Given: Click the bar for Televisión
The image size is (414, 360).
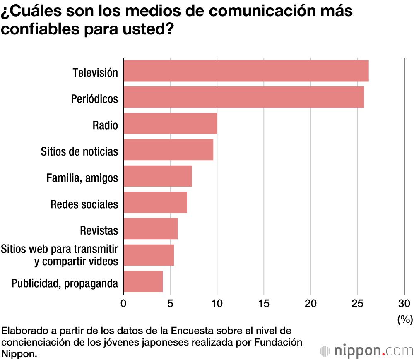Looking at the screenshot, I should coord(246,70).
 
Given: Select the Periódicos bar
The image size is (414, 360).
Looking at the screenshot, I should coord(244,97).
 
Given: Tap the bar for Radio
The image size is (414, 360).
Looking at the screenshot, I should coord(170,123).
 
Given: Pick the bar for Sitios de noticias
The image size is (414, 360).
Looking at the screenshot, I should coord(168,149).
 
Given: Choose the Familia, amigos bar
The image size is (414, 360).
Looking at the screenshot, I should coord(158,176).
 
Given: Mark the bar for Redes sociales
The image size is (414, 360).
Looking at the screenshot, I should coord(155,202).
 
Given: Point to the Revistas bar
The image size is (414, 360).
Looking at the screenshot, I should coord(151,228).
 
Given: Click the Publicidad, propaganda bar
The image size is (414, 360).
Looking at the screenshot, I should coord(143,281).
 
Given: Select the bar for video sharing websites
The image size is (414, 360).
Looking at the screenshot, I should coord(149,255).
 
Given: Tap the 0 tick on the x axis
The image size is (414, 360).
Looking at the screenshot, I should coord(123,303).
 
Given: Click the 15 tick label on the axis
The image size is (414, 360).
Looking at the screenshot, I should coord(264,303).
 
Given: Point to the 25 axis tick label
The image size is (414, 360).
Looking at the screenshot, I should coord(357,303).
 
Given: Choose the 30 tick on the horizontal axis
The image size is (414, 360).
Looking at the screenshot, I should coord(404,303).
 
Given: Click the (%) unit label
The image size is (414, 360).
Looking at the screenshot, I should coord(405,319).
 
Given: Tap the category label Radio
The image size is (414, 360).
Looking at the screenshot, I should coord(105,125).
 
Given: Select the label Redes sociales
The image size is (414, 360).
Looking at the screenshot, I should coord(84,204).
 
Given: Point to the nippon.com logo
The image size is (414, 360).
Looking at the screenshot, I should coord(366,351).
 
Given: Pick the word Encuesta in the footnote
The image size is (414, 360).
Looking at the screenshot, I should coord(192,331).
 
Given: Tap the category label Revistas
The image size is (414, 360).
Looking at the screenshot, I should coord(99,230).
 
